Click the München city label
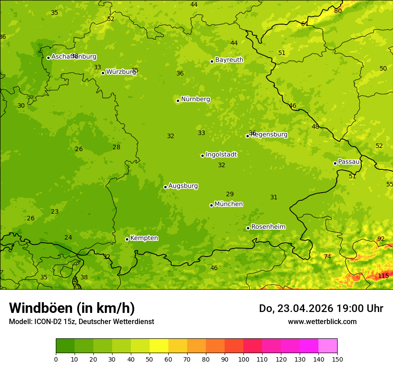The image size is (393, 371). (229, 204)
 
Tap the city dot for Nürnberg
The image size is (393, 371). (178, 101)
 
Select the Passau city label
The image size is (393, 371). (349, 162)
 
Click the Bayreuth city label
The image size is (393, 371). (229, 60)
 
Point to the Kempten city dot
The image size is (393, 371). (127, 239)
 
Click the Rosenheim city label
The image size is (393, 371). (268, 227)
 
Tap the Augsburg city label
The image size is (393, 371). (183, 186)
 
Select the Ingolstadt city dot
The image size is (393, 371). (202, 156)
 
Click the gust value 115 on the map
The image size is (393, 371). (383, 276)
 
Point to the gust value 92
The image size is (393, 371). (381, 239)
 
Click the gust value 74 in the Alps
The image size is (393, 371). (327, 257)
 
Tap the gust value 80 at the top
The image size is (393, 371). (338, 11)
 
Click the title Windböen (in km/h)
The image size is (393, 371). (72, 308)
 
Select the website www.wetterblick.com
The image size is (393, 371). (322, 321)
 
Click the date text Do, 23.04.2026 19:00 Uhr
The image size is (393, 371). (321, 308)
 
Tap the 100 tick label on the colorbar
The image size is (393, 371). (243, 359)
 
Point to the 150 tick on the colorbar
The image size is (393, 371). (337, 359)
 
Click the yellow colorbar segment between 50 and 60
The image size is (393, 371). (159, 346)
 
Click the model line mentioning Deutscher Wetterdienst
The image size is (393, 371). (81, 321)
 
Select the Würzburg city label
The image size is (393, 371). (121, 72)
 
